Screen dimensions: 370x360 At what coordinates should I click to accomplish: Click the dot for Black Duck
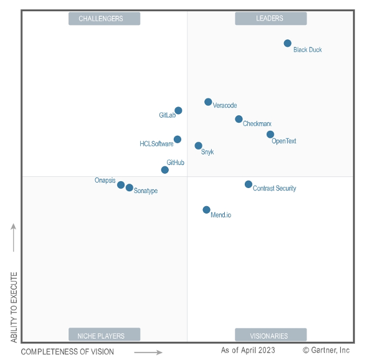point(287,43)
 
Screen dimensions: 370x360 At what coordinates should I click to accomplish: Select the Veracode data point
point(208,102)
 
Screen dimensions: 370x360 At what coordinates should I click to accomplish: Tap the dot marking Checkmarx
point(239,119)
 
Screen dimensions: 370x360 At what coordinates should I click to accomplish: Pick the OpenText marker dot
point(270,135)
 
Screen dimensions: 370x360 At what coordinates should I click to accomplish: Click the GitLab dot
point(178,110)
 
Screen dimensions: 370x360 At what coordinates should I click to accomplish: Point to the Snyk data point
point(199,146)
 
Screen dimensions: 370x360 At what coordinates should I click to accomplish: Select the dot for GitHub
point(165,170)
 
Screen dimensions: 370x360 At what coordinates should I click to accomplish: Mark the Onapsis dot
point(121,185)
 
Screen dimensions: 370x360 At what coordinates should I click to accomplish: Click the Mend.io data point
point(206,210)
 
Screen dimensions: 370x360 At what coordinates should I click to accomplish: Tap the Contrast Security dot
point(249,184)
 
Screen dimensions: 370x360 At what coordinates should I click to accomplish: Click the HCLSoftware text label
point(156,144)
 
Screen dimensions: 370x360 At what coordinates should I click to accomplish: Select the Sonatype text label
point(146,191)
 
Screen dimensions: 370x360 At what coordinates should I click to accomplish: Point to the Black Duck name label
point(308,50)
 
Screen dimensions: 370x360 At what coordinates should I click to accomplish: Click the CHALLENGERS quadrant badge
point(104,19)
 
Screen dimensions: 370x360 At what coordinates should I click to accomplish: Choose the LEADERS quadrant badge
point(271,19)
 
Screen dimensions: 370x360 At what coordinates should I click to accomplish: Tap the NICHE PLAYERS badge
point(104,334)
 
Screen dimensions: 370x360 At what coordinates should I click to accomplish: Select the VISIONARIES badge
point(271,334)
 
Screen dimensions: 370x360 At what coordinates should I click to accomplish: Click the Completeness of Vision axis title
point(67,352)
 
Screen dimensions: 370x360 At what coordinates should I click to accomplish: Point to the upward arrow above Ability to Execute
point(14,237)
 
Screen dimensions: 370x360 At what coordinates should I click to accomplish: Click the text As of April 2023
point(248,350)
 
